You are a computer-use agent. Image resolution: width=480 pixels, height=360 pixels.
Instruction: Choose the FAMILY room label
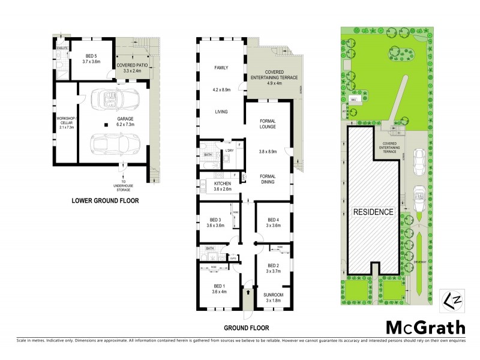point(221,68)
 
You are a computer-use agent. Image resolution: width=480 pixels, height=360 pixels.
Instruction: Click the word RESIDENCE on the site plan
point(373,212)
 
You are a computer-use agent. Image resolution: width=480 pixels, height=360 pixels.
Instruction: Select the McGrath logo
point(425,327)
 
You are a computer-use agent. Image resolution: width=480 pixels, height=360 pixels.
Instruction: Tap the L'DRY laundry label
point(229,151)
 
